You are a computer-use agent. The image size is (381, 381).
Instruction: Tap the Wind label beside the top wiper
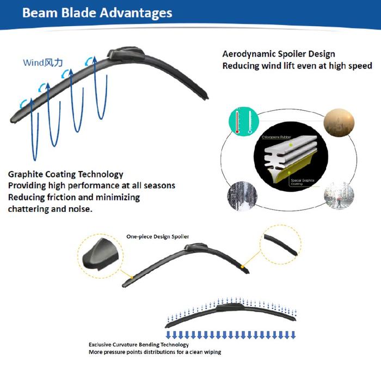click(42, 62)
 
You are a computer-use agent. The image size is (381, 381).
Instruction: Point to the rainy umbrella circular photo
click(338, 196)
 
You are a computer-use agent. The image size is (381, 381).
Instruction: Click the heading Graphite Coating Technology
click(65, 175)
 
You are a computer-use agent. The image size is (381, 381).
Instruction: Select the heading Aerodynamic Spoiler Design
click(279, 54)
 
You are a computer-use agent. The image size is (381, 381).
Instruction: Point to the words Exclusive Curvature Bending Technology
click(139, 345)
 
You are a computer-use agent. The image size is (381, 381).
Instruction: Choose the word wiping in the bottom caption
click(211, 353)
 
